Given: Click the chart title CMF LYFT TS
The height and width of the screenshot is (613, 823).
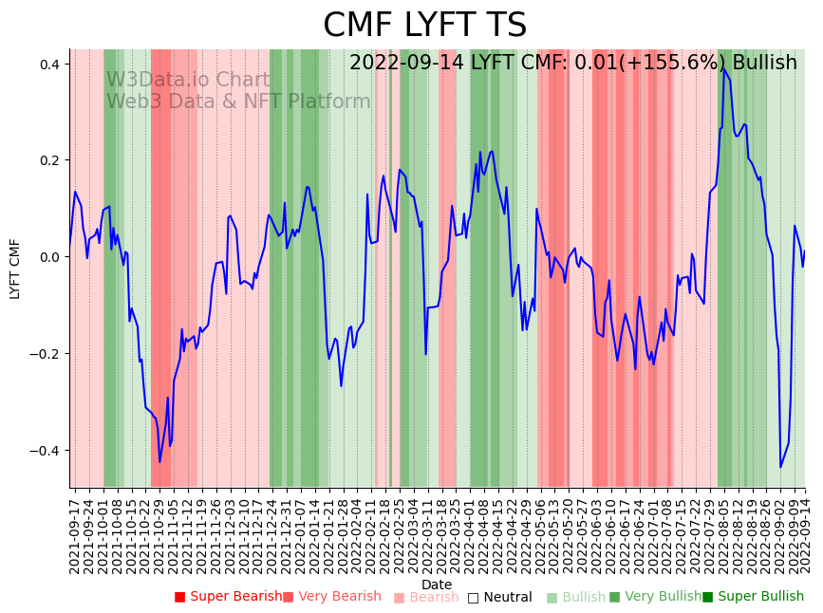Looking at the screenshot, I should (424, 26).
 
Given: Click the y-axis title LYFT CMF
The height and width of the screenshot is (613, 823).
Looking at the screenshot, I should (15, 269).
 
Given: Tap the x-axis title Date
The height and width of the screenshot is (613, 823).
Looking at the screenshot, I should (437, 585).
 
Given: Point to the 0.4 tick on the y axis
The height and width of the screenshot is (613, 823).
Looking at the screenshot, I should (47, 65).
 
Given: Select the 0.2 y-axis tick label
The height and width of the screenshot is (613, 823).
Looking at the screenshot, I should (47, 161).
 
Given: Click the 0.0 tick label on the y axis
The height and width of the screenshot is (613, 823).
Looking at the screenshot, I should (47, 257).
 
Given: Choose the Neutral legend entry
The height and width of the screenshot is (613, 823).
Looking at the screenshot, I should (507, 597).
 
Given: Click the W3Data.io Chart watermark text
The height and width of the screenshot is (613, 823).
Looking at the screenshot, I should (188, 80).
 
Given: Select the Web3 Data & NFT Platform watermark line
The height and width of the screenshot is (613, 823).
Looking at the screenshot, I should (238, 102).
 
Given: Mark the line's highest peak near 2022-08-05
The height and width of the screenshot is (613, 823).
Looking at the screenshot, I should (723, 67).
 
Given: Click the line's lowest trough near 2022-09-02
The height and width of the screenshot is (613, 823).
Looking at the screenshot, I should (780, 467).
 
